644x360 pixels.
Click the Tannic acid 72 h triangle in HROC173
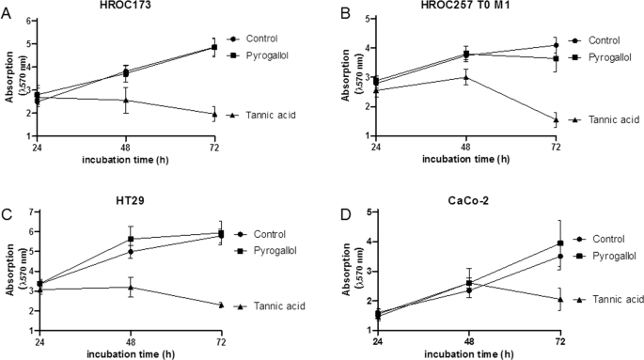(214, 115)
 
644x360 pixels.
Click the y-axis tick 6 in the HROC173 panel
(29, 21)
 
